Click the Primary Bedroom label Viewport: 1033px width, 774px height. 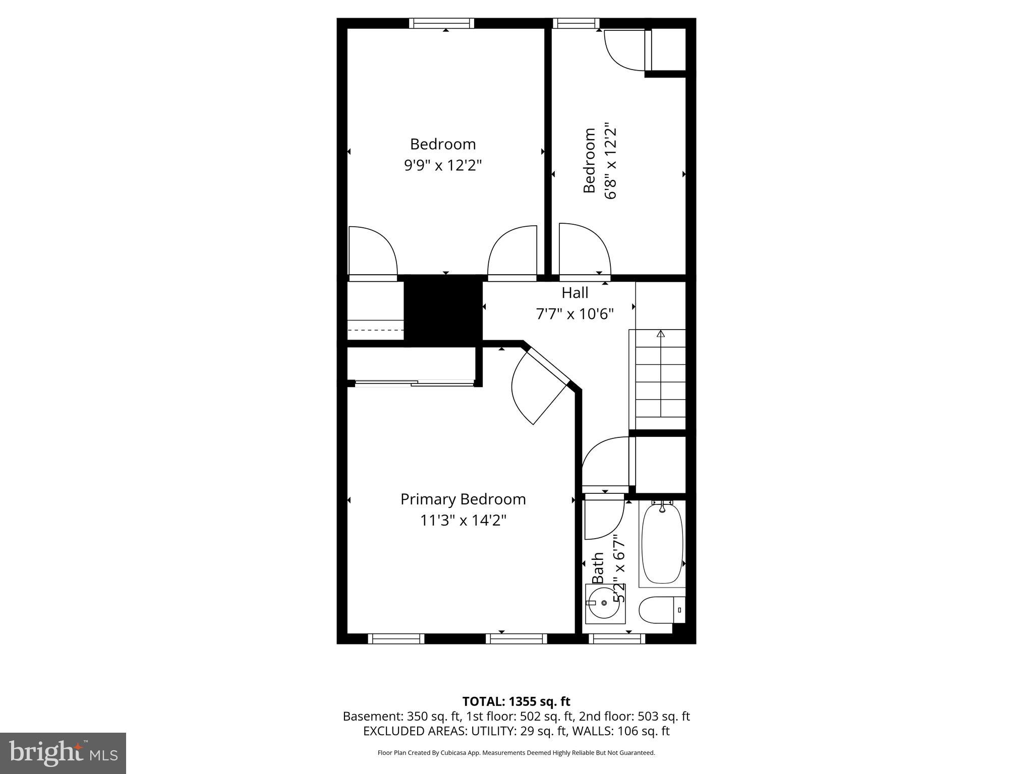click(463, 499)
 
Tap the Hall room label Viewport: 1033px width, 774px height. click(575, 293)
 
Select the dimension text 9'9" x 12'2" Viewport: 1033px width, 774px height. click(443, 165)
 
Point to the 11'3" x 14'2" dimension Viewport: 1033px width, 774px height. click(463, 520)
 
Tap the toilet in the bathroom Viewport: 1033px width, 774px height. click(661, 610)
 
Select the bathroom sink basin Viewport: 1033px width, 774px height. click(604, 603)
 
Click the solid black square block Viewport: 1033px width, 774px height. click(443, 310)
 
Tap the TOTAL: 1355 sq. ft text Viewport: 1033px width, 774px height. click(516, 701)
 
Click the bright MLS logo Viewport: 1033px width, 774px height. click(63, 753)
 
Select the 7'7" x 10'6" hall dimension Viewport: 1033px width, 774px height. click(575, 314)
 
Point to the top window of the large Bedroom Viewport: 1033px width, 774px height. click(441, 23)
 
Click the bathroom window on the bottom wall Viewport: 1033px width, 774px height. click(616, 639)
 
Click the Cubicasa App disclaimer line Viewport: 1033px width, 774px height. click(516, 753)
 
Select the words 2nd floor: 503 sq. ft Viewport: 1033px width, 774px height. click(634, 717)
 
